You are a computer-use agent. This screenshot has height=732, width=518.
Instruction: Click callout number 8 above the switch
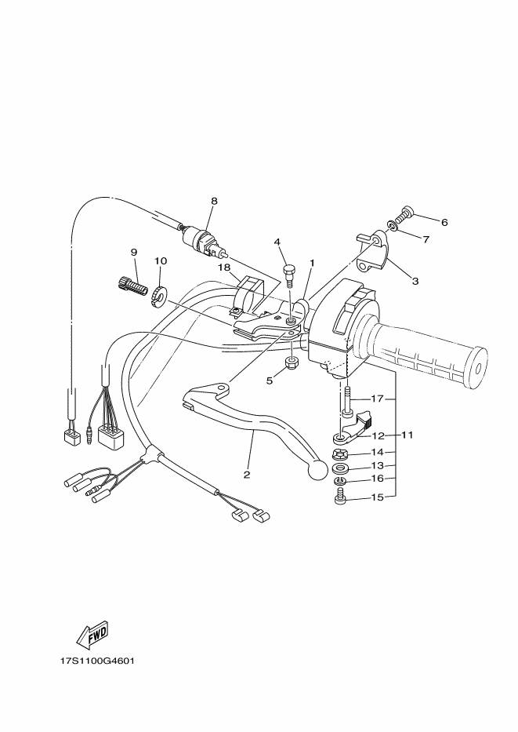[213, 201]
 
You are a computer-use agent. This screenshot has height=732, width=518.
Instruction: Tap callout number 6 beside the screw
[444, 222]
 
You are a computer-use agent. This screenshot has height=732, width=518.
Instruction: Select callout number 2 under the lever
[247, 475]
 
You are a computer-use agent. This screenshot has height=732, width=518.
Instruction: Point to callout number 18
[224, 268]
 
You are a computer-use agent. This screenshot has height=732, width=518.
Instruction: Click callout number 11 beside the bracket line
[407, 434]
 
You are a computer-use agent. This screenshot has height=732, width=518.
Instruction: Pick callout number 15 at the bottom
[378, 497]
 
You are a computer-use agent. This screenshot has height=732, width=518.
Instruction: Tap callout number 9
[133, 252]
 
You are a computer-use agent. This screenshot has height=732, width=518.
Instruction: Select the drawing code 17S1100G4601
[98, 661]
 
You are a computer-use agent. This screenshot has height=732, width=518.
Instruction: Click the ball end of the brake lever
[317, 469]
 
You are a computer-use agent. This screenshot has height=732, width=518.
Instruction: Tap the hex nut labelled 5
[290, 362]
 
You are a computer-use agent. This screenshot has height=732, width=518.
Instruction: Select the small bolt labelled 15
[341, 497]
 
